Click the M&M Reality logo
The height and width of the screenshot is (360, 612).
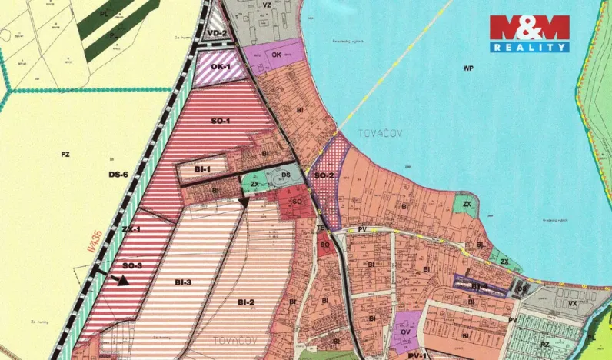530,33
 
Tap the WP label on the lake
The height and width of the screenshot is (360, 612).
467,68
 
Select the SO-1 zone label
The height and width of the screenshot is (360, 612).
221,121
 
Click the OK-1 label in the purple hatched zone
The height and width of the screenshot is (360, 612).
221,67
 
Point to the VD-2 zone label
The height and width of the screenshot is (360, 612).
217,33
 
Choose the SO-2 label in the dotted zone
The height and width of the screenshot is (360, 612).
324,175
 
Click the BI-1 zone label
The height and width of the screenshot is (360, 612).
203,168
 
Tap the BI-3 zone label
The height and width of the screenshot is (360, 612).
182,282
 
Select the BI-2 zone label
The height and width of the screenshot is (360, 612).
246,301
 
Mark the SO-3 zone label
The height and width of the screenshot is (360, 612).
132,265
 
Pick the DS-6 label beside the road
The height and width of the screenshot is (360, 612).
118,175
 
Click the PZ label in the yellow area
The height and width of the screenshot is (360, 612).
65,155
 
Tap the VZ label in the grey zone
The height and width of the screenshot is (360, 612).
268,5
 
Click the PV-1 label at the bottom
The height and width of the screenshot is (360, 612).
417,355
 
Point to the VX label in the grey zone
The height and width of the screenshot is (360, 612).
573,303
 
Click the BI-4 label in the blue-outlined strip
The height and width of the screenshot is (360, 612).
480,286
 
